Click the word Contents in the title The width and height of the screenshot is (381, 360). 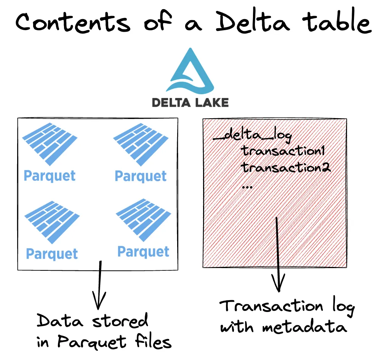click(x=72, y=22)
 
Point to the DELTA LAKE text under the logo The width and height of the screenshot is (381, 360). click(x=190, y=102)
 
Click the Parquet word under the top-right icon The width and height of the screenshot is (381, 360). click(x=141, y=176)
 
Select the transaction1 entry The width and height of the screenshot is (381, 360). click(x=283, y=151)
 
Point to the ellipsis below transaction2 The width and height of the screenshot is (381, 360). click(x=247, y=187)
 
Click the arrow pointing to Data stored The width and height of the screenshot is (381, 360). click(x=100, y=286)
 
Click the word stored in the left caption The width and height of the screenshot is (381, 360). click(x=121, y=321)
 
